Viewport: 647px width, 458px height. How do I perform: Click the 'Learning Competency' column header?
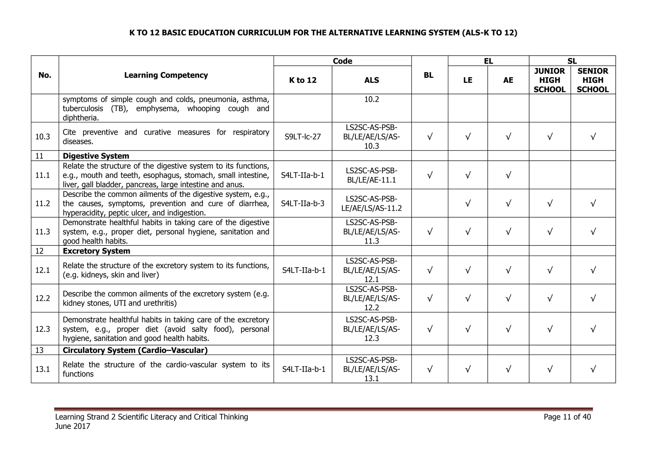pyautogui.click(x=166, y=75)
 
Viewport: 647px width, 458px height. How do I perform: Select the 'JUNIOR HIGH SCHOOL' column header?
pyautogui.click(x=549, y=80)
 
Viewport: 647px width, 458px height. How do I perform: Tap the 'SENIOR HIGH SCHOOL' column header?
pyautogui.click(x=593, y=80)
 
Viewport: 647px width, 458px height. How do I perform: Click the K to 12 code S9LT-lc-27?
pyautogui.click(x=302, y=137)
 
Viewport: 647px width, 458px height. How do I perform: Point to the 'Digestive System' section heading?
pyautogui.click(x=96, y=156)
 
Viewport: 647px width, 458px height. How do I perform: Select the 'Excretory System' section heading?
pyautogui.click(x=96, y=251)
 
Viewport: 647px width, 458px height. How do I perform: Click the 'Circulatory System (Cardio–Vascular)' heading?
pyautogui.click(x=135, y=350)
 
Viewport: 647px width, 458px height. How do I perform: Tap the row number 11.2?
pyautogui.click(x=43, y=203)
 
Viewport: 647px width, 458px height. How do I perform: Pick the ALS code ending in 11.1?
pyautogui.click(x=372, y=175)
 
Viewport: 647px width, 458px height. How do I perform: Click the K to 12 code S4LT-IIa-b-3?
pyautogui.click(x=302, y=203)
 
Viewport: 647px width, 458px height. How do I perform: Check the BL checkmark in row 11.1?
pyautogui.click(x=429, y=175)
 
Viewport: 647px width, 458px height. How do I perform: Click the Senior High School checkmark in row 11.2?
pyautogui.click(x=593, y=203)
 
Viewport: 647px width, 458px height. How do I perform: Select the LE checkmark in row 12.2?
pyautogui.click(x=468, y=298)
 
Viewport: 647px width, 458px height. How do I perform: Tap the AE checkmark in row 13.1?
pyautogui.click(x=508, y=369)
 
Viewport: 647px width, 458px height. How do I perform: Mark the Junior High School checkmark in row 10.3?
pyautogui.click(x=549, y=137)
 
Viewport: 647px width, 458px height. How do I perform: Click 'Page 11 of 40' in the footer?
pyautogui.click(x=567, y=417)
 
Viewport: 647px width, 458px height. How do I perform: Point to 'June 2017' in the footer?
pyautogui.click(x=73, y=426)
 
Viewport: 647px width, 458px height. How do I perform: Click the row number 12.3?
pyautogui.click(x=43, y=329)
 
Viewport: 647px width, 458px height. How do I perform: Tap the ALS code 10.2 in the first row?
pyautogui.click(x=372, y=99)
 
